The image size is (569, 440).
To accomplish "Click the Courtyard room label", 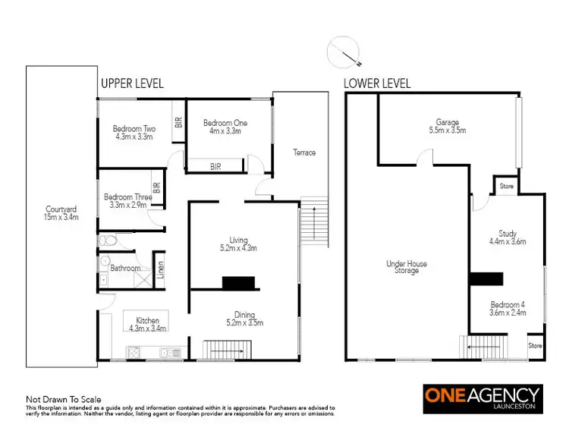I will pos(60,213).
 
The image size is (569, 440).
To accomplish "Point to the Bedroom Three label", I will pos(128,201).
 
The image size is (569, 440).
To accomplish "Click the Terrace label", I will pos(304,152).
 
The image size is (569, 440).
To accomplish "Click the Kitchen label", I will pos(147,324).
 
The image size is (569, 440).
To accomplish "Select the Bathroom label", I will pos(125,268).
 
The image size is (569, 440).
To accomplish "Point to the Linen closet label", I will pos(160,269).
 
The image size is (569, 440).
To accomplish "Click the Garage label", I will pos(448,126).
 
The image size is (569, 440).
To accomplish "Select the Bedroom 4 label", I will pos(508,308).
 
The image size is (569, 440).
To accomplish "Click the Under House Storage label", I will pos(407,267).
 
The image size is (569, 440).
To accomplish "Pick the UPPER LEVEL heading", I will pos(132,83).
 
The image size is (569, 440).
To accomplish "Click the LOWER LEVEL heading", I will pos(377,83).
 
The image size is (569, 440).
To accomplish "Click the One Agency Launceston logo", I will pos(483,399).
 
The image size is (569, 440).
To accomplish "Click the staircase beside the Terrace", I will pos(314,222).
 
